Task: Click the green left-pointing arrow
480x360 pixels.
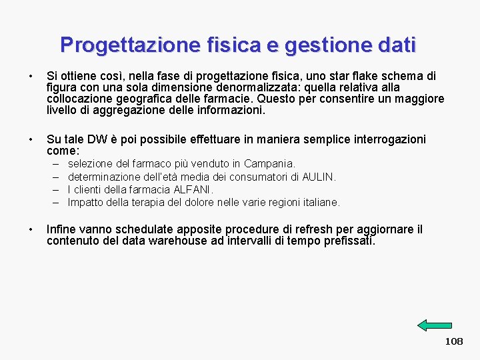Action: coord(435,325)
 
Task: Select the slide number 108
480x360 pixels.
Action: coord(454,341)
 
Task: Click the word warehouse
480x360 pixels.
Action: coord(174,241)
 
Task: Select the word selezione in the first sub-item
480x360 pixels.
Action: coord(91,163)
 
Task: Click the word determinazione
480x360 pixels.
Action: coord(104,177)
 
